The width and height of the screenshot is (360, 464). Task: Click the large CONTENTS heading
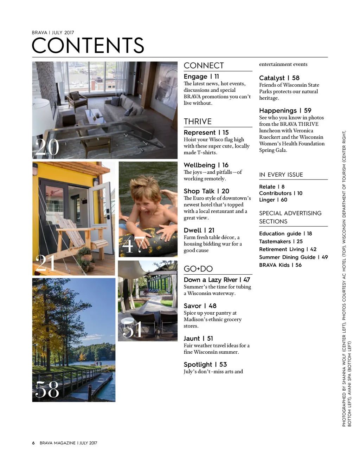coord(88,45)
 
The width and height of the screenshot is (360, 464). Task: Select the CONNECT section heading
coord(204,66)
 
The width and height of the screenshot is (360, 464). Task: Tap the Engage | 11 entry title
coord(201,77)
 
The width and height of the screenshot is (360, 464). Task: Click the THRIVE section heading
coord(198,122)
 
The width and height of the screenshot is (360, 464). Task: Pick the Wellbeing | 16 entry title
coord(206,165)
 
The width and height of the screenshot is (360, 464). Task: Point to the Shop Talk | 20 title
coord(206,191)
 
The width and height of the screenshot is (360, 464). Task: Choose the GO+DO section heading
coord(198,269)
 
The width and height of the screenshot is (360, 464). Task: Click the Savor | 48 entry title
coord(200,306)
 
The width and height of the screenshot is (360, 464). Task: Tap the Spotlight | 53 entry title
coord(205,365)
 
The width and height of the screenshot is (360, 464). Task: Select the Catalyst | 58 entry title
coord(279,78)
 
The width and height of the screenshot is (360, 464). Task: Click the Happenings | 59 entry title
coord(285,111)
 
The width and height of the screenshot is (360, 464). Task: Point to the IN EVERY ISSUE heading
coord(281,175)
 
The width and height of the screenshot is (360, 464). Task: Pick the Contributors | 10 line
coord(281,193)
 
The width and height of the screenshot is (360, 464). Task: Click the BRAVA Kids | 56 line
coord(280,265)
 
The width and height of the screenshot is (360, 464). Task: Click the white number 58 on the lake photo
coord(47,390)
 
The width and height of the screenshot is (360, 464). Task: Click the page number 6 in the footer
coord(33,443)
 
